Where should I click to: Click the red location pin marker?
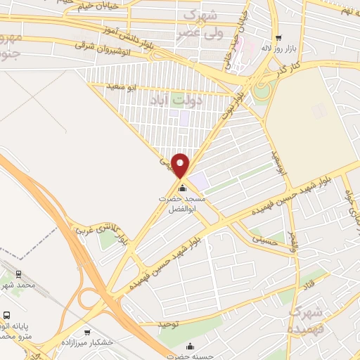(181, 165)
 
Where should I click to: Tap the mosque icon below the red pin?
(183, 188)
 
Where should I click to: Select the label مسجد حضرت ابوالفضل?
(183, 204)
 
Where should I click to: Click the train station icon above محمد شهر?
(19, 274)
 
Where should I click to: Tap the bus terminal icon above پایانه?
(6, 316)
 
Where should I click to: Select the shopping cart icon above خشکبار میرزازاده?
(87, 332)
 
